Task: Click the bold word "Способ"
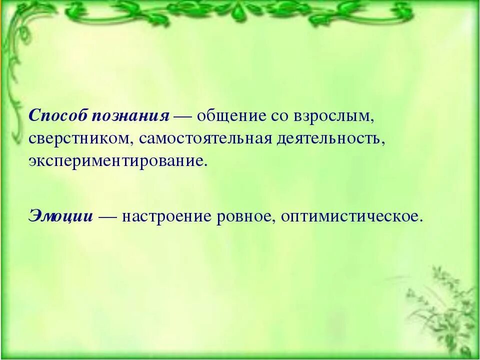point(58,115)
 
